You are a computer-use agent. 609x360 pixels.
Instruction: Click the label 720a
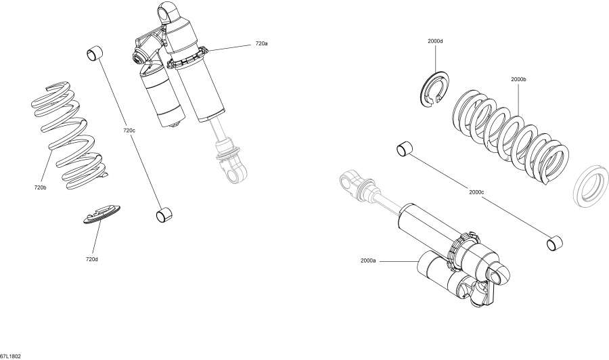pyautogui.click(x=261, y=43)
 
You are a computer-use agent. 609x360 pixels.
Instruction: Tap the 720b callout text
pyautogui.click(x=40, y=187)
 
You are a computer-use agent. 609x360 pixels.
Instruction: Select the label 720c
pyautogui.click(x=129, y=130)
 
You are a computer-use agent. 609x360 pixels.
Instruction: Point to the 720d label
pyautogui.click(x=91, y=258)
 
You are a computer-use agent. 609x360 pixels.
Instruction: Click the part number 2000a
pyautogui.click(x=368, y=261)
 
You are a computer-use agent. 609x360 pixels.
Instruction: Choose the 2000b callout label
pyautogui.click(x=518, y=79)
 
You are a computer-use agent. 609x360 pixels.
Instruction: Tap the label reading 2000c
pyautogui.click(x=476, y=192)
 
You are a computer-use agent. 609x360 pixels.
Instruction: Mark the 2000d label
pyautogui.click(x=435, y=41)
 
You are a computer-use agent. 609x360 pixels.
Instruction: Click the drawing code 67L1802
pyautogui.click(x=12, y=355)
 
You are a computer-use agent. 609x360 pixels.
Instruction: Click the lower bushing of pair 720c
pyautogui.click(x=163, y=215)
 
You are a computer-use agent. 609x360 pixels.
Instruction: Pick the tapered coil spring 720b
pyautogui.click(x=68, y=135)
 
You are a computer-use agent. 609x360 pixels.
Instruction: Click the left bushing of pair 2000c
pyautogui.click(x=405, y=148)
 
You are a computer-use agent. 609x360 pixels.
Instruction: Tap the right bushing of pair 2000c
pyautogui.click(x=556, y=242)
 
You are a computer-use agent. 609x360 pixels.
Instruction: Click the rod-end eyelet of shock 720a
pyautogui.click(x=233, y=173)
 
